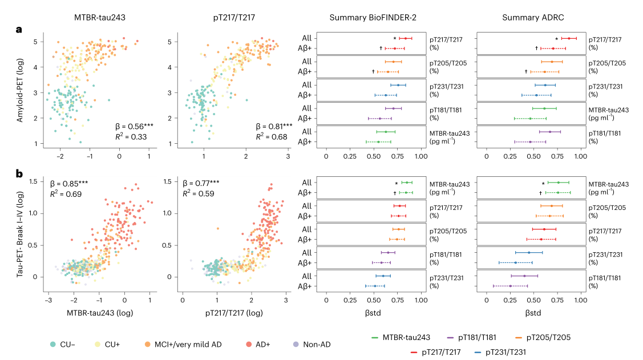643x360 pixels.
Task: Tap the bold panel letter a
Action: [x=19, y=30]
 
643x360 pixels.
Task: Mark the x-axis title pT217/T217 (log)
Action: [x=232, y=313]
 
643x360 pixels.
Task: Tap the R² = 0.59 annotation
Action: [x=199, y=193]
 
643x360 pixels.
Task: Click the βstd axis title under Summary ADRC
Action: [x=532, y=313]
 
